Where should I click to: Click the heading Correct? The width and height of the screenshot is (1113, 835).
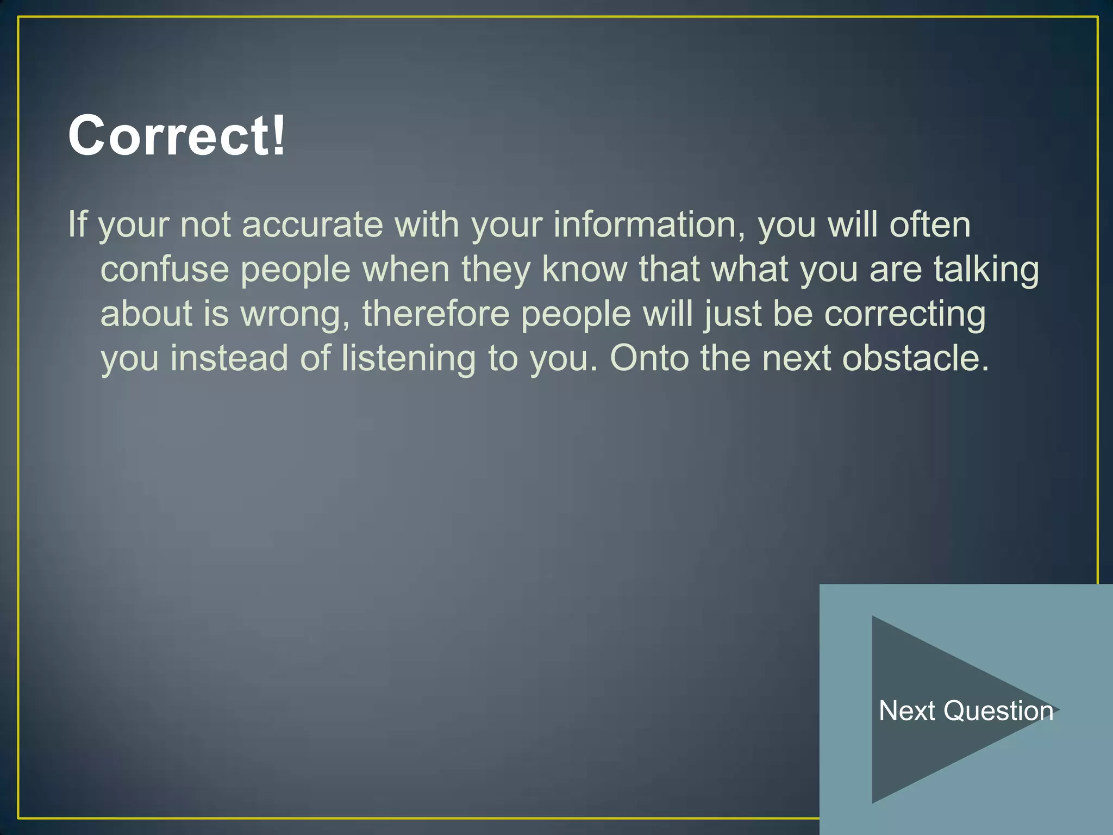[x=176, y=135]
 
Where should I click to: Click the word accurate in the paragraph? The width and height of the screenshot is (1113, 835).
[x=312, y=225]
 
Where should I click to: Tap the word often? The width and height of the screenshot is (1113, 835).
[x=930, y=225]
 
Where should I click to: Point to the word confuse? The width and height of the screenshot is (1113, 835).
[x=165, y=269]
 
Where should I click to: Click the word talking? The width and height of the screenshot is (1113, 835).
[x=986, y=270]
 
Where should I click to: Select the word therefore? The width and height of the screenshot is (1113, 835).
[x=436, y=314]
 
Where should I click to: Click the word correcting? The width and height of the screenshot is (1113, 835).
[x=905, y=315]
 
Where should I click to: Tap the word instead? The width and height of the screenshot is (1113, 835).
[x=229, y=358]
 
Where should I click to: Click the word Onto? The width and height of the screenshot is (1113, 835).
[x=649, y=358]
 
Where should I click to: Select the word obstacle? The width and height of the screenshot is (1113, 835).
[x=915, y=358]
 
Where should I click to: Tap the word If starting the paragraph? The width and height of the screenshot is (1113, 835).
[x=77, y=225]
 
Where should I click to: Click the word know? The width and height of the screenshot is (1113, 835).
[x=584, y=269]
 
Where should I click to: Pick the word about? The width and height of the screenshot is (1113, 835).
[x=147, y=314]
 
